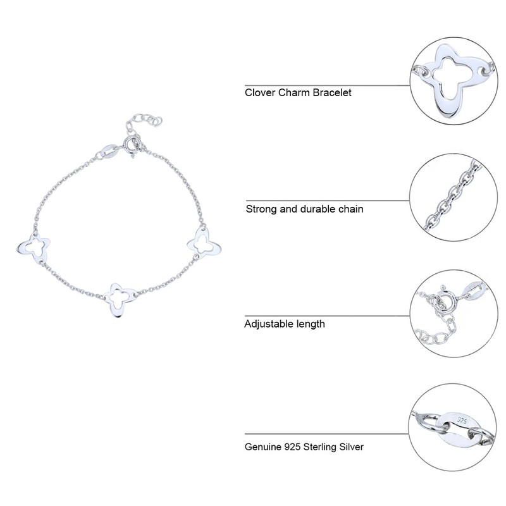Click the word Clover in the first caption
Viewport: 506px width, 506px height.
tap(259, 93)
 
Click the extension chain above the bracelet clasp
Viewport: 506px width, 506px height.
tap(147, 120)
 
